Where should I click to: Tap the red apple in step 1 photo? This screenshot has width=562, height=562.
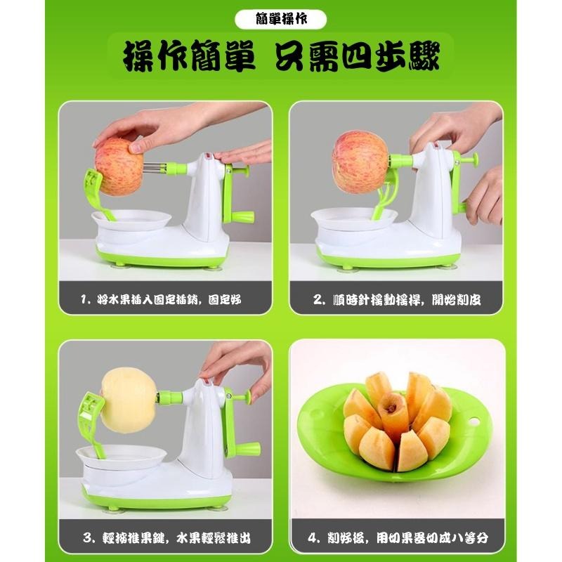[x=119, y=167]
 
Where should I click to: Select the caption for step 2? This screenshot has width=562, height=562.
[x=397, y=300]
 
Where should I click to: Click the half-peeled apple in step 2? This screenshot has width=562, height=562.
[x=360, y=163]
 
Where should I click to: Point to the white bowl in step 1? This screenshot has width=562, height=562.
[x=131, y=223]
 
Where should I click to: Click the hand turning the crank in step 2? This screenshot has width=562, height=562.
[x=485, y=193]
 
